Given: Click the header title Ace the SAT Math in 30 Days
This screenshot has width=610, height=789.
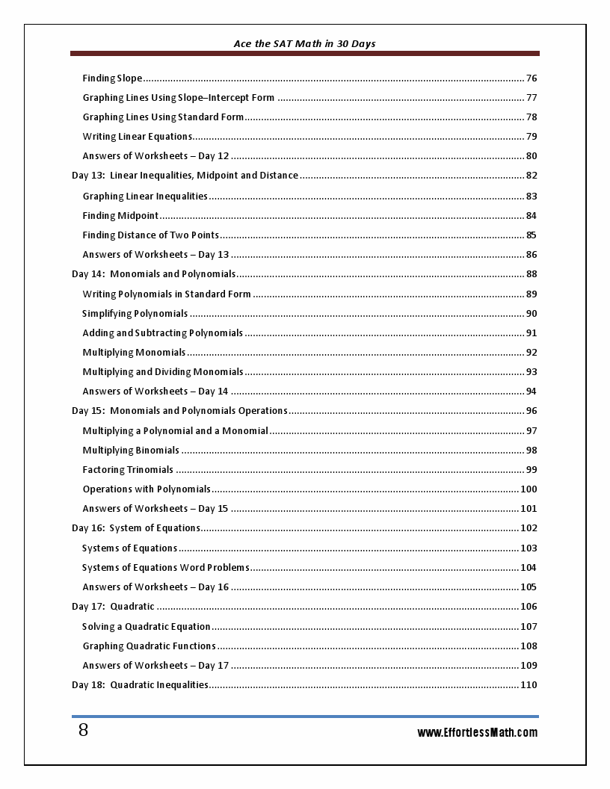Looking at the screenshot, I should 304,44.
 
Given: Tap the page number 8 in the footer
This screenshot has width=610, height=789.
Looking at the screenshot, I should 83,731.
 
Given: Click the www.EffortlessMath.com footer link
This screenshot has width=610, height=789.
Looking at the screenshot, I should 477,732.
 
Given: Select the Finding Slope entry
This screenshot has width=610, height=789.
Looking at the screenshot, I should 112,78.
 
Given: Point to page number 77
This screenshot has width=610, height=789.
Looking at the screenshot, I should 532,98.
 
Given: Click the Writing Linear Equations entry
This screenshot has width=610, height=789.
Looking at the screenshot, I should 138,137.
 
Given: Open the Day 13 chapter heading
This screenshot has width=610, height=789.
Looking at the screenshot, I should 185,176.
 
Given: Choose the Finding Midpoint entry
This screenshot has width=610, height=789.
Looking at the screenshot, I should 120,216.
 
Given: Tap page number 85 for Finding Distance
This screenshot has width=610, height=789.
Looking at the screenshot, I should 532,235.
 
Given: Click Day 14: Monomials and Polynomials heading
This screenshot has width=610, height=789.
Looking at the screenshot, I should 153,274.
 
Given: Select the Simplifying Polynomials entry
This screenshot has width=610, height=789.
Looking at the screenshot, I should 135,314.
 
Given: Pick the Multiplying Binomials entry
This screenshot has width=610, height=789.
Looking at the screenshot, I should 131,451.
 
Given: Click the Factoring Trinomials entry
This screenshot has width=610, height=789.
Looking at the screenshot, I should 128,470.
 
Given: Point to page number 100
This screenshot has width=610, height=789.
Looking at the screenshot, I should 529,489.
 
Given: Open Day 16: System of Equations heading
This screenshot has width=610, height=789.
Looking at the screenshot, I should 136,528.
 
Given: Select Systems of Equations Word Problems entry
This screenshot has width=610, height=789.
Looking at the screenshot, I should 165,568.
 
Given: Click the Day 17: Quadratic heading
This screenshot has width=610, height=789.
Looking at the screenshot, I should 113,607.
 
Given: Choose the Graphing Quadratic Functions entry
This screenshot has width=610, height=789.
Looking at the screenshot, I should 149,646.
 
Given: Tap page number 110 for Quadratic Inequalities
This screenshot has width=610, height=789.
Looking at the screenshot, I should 529,685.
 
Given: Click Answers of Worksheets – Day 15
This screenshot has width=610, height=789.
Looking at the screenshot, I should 155,509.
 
